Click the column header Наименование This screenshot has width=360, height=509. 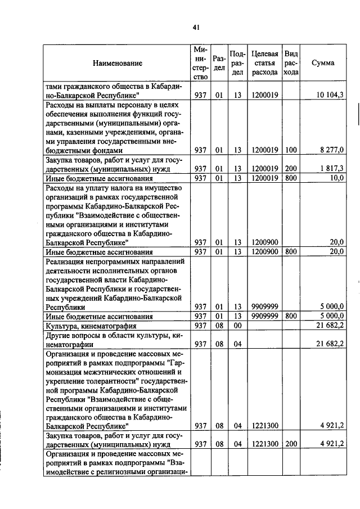tap(118, 63)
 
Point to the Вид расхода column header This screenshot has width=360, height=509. tap(291, 63)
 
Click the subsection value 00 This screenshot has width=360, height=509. tap(237, 325)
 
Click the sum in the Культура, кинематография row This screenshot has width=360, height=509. tap(331, 325)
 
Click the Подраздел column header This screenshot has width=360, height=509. tap(237, 63)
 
